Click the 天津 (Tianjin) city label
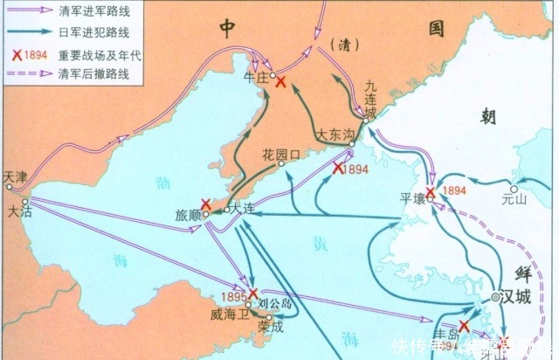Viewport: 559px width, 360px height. (16, 176)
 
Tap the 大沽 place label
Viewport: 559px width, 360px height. (17, 211)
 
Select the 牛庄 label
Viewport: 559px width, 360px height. (257, 75)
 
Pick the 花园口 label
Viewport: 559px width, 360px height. (280, 155)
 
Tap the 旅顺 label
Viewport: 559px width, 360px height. (188, 214)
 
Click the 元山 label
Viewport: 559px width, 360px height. (516, 199)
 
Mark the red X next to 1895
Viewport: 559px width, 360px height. (253, 293)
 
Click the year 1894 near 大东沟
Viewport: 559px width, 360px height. (354, 168)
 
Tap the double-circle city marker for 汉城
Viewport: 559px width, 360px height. (495, 297)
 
